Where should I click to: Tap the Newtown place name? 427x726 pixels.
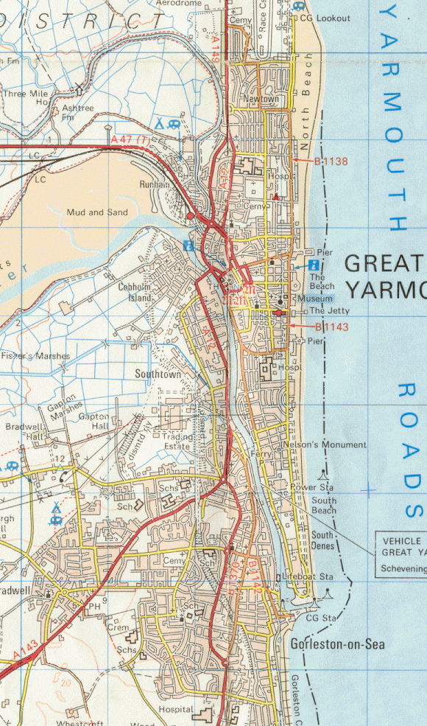click(x=262, y=100)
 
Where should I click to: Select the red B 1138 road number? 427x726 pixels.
click(x=331, y=161)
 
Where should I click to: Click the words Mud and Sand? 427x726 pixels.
click(x=96, y=212)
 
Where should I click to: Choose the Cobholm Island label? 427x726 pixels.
click(x=135, y=293)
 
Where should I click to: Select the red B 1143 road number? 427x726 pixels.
click(x=331, y=327)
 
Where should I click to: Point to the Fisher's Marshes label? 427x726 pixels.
click(x=35, y=356)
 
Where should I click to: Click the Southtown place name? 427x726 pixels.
click(x=158, y=374)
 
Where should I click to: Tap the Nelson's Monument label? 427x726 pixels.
click(x=325, y=445)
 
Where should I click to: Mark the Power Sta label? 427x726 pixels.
click(x=313, y=487)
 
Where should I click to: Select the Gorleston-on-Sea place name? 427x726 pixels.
click(x=337, y=644)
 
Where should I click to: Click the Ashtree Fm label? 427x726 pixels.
click(x=78, y=112)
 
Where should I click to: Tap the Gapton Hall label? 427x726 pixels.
click(x=95, y=422)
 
